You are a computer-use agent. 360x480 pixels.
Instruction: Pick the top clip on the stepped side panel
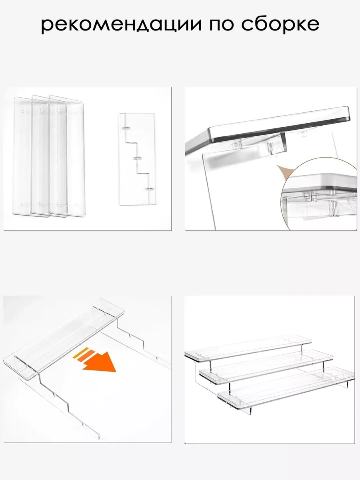(x=126, y=128)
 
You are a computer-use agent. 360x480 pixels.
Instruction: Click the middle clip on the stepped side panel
(x=139, y=158)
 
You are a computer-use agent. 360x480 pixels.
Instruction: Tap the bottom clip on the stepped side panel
(x=150, y=188)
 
